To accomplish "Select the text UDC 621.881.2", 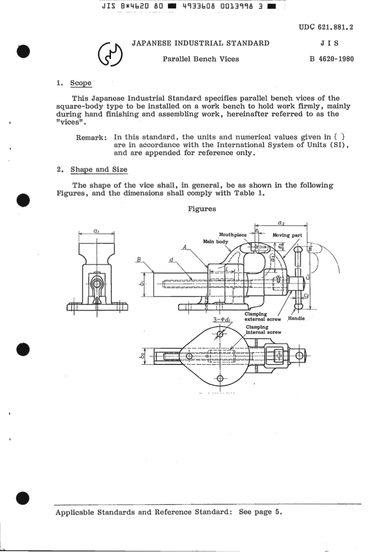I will coord(326,27).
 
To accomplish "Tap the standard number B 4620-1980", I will coord(332,59).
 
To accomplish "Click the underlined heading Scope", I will coord(81,83).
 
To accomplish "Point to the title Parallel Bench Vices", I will coord(201,59).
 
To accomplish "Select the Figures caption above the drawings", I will coord(202,209).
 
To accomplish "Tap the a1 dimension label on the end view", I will coord(96,231).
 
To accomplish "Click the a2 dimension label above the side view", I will coord(281,223).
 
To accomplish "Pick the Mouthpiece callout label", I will coord(233,235).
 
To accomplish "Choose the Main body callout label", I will coord(215,242).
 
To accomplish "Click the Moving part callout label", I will coord(287,235).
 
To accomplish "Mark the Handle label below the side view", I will coord(296,318).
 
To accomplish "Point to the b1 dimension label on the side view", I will coord(140,284).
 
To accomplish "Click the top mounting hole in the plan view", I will coord(220,334).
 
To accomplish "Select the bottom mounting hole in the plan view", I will coord(220,378).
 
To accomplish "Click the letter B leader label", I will coord(139,259).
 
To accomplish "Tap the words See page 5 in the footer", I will coord(260,512).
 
